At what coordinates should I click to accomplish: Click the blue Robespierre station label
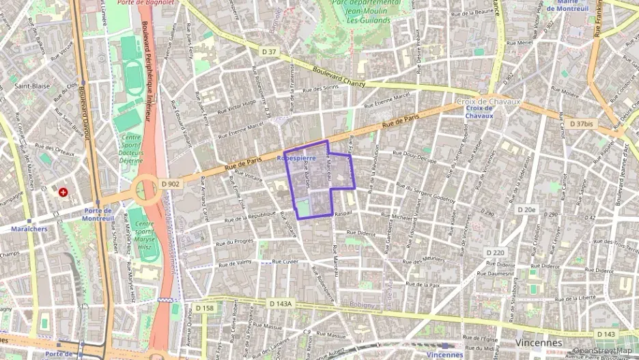296,157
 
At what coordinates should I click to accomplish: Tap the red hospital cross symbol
63,193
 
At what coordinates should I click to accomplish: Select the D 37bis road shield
580,124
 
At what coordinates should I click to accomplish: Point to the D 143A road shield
280,303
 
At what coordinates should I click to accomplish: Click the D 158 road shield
204,308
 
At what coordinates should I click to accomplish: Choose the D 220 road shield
496,253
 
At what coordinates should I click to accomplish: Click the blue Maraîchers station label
29,229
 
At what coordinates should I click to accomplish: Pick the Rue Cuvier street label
286,261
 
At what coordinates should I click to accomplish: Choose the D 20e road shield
526,209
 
